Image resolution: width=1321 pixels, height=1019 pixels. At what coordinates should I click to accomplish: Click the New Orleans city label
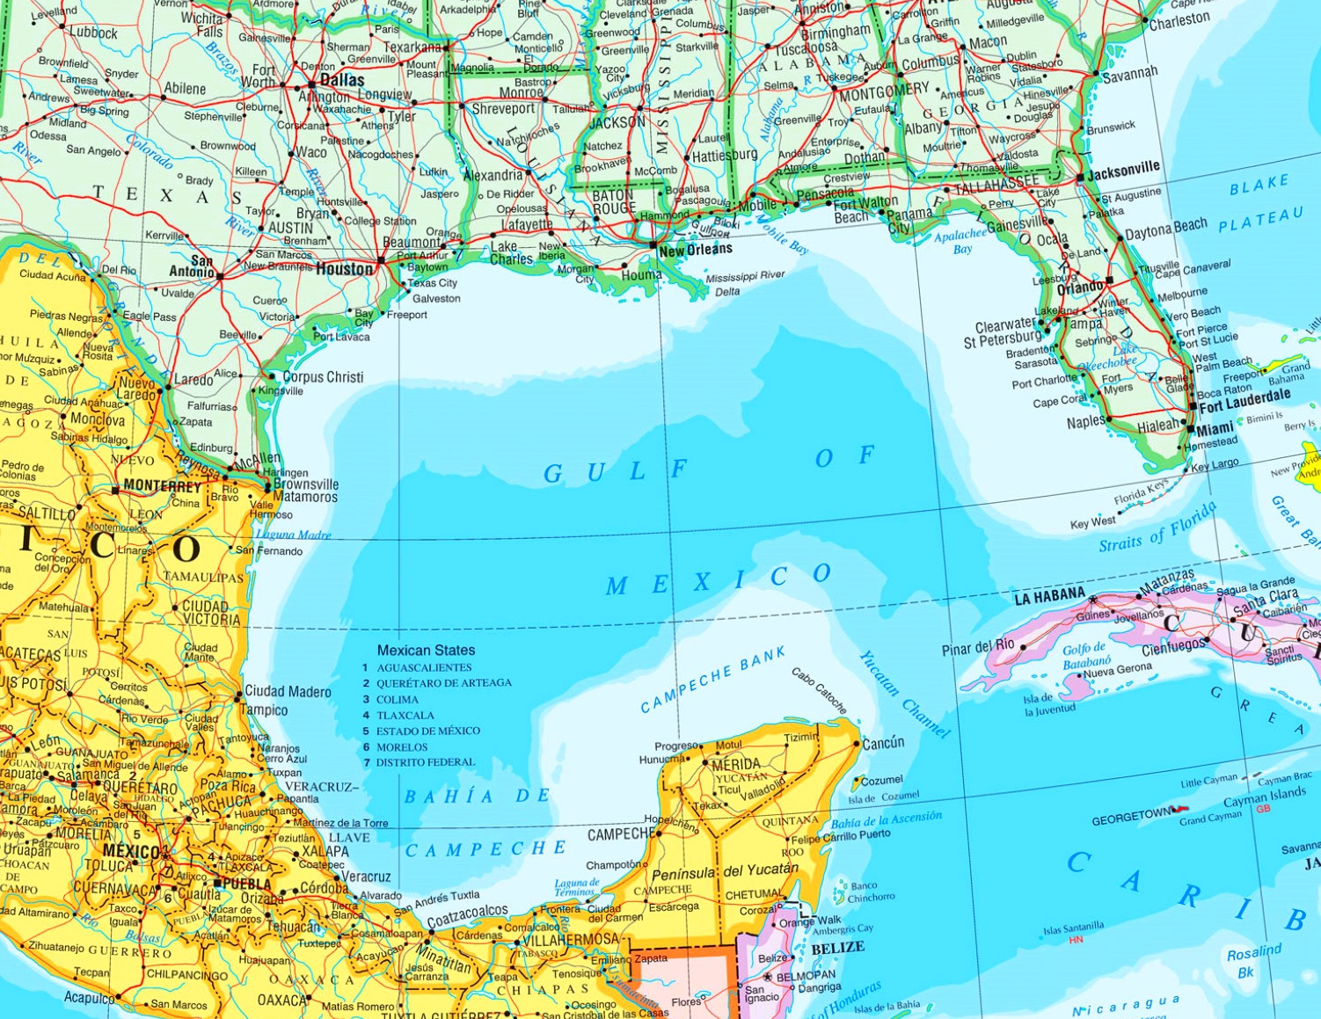coord(695,250)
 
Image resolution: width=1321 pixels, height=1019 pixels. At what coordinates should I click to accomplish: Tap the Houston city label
coord(344,269)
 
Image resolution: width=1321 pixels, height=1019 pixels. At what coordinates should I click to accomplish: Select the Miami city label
coord(1215,429)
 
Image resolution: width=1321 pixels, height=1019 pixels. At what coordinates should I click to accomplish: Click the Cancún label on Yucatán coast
coord(883,743)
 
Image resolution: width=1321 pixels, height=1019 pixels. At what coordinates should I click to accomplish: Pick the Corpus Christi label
coord(323,377)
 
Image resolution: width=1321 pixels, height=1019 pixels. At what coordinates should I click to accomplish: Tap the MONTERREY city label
coord(162,485)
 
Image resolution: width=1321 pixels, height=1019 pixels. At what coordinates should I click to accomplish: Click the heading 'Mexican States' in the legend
coord(426,651)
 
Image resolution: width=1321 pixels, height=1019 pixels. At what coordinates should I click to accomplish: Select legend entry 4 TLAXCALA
coord(405,716)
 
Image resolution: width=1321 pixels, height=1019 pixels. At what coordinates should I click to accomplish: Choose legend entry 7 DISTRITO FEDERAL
coord(425,762)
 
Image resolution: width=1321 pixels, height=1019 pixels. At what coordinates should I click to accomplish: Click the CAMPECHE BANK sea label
coord(712,680)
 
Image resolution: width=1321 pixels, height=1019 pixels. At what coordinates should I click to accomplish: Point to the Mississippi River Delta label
coord(744,283)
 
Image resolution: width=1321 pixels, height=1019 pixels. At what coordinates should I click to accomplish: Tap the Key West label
coord(1092,523)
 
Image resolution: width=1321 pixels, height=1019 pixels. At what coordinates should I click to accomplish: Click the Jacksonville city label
coord(1123,171)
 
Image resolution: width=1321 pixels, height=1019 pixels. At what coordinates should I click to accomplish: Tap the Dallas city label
coord(341,80)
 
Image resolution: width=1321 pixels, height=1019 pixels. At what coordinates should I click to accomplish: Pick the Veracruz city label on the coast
coord(366,877)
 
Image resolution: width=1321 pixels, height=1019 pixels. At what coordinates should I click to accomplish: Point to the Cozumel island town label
coord(881,780)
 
